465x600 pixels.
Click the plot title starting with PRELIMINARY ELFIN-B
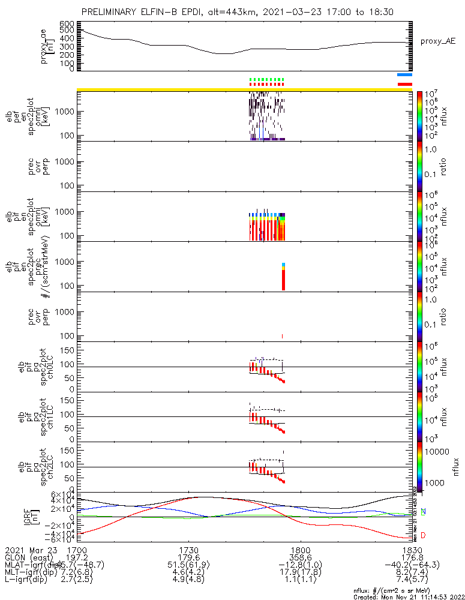pos(232,13)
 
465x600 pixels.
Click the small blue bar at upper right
pos(404,75)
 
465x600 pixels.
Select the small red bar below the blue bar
pos(404,84)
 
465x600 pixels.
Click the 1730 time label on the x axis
pos(188,549)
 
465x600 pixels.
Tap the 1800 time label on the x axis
pos(300,549)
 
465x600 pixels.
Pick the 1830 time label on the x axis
pos(412,549)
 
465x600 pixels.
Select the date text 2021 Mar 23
pos(30,549)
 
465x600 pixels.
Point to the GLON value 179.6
pos(188,557)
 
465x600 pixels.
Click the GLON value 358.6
pos(300,557)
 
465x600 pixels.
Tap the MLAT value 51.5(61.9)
pos(188,565)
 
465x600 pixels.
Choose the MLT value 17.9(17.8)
pos(300,572)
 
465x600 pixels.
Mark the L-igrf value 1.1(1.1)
pos(300,580)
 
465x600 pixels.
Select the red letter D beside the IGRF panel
pos(424,535)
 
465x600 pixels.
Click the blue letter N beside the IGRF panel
pos(424,511)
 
